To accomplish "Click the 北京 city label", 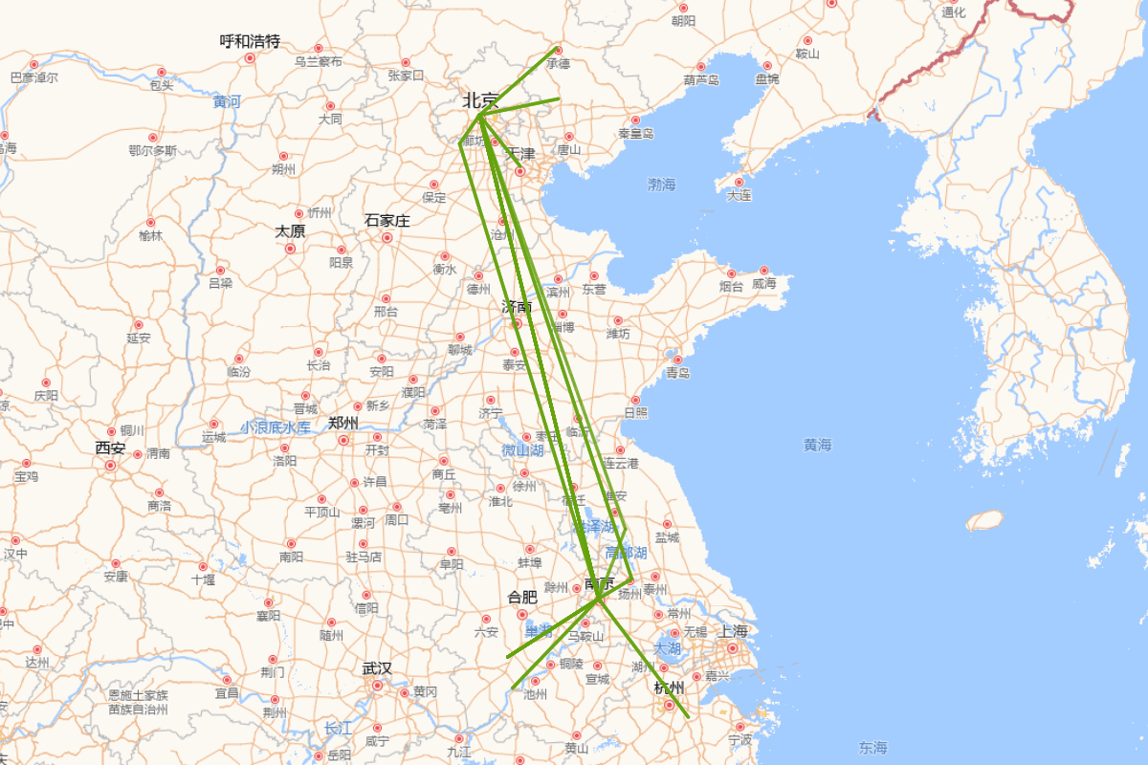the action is [x=480, y=100].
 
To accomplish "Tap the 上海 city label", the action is [x=733, y=631].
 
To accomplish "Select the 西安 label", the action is [x=110, y=448].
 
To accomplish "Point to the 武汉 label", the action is [x=377, y=668].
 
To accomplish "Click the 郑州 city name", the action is [x=342, y=423].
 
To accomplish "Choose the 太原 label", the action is [x=290, y=231].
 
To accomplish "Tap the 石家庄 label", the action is [x=386, y=221].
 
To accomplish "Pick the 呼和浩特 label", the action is [x=250, y=41].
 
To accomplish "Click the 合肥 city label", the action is [x=522, y=598].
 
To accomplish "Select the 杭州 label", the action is [x=669, y=688].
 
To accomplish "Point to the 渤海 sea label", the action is [x=661, y=185].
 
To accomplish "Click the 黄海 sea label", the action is [x=817, y=445].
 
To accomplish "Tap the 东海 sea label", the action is [x=872, y=747].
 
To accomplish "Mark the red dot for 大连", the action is [x=738, y=182].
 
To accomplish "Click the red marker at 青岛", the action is [x=678, y=360].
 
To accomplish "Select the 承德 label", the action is [x=558, y=64].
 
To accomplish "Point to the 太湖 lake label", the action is [x=667, y=648].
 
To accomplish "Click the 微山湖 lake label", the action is [x=522, y=449].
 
